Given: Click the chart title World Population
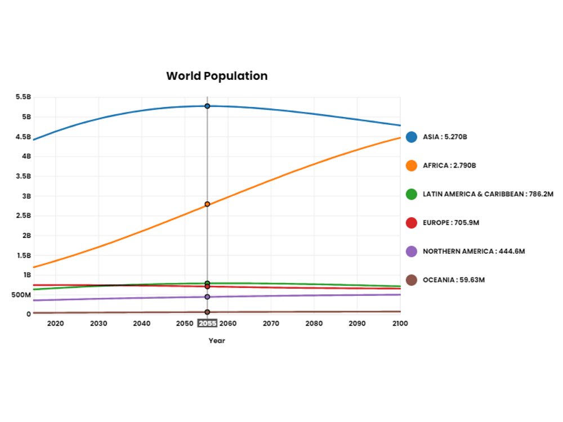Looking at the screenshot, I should click(x=217, y=76).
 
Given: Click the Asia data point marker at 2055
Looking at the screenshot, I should click(x=207, y=106).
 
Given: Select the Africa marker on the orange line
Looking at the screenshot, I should click(x=207, y=204).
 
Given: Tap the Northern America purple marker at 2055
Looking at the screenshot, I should click(x=207, y=297).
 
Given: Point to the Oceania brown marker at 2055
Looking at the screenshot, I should click(x=207, y=312).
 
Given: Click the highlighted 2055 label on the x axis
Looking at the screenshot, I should click(x=207, y=324).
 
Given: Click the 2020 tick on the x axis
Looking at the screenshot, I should click(x=55, y=324).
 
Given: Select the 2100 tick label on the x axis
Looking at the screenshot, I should click(x=400, y=324).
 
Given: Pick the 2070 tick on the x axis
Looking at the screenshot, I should click(x=271, y=324).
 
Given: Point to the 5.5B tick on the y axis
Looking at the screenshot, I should click(x=23, y=97).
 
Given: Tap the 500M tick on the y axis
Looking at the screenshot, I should click(x=21, y=295).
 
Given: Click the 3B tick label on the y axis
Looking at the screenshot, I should click(x=26, y=196).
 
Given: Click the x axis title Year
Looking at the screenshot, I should click(x=217, y=340).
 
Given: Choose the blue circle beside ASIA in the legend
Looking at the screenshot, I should click(x=412, y=137).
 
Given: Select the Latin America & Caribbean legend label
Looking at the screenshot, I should click(x=488, y=194).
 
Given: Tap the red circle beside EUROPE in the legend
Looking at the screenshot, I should click(x=412, y=223).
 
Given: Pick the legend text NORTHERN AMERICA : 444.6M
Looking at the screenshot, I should click(x=473, y=252).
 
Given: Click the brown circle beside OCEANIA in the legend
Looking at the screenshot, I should click(x=412, y=280).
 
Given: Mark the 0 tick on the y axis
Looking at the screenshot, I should click(x=29, y=314).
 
